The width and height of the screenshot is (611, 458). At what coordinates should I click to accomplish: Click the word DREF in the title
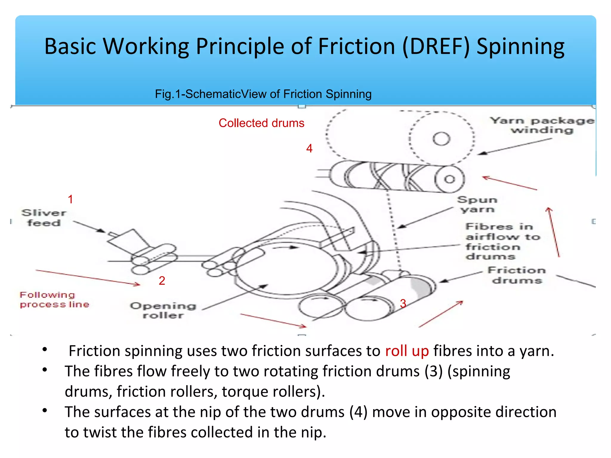[x=436, y=47]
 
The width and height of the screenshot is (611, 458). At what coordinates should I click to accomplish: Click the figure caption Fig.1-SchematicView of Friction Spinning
[x=263, y=94]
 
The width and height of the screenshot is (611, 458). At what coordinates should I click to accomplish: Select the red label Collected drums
[x=261, y=123]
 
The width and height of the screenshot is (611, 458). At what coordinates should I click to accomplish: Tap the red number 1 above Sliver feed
[x=70, y=199]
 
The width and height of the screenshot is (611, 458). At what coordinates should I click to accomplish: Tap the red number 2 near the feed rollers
[x=162, y=281]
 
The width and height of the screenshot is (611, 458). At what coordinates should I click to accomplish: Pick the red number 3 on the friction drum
[x=403, y=304]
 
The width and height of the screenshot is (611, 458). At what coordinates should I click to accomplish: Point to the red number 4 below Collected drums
[x=309, y=148]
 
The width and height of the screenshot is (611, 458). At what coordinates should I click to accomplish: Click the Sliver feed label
[x=44, y=218]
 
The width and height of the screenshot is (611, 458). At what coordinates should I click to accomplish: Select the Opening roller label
[x=163, y=310]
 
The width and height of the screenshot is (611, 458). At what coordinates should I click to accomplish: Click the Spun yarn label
[x=477, y=205]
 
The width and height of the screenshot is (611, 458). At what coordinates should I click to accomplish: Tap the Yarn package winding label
[x=542, y=125]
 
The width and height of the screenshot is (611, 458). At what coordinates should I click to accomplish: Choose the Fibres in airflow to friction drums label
[x=503, y=242]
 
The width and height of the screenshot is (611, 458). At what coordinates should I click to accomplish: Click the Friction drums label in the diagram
[x=517, y=275]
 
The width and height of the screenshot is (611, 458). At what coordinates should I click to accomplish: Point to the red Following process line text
[x=54, y=300]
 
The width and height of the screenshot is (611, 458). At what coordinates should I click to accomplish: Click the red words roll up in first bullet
[x=407, y=351]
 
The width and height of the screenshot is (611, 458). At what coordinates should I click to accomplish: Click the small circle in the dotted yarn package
[x=441, y=139]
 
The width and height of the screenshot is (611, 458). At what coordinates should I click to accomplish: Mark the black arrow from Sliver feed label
[x=89, y=227]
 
